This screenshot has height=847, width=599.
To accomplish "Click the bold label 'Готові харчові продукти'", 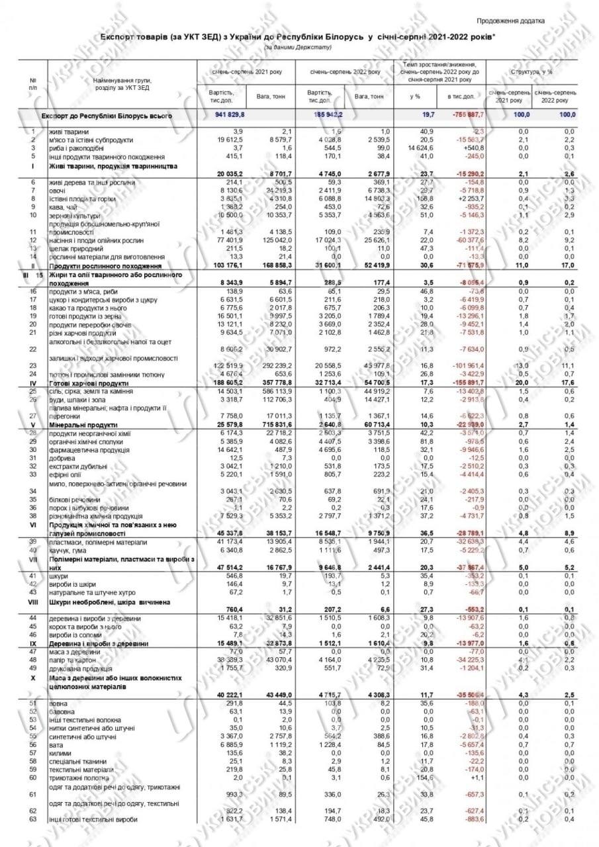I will point(87,382).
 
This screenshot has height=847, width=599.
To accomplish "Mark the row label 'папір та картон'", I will point(72,660).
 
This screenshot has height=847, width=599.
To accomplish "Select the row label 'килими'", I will point(60,752).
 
